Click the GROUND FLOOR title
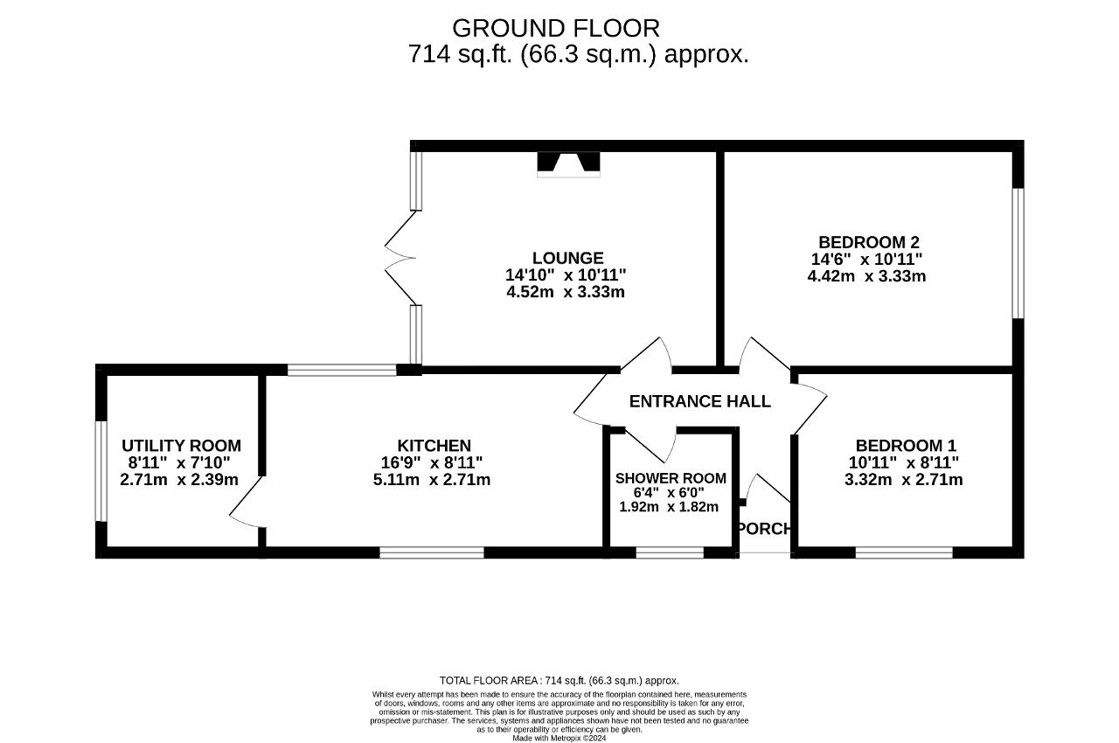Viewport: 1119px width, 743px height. (555, 29)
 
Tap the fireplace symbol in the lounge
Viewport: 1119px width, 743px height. (568, 164)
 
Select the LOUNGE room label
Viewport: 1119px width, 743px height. (568, 258)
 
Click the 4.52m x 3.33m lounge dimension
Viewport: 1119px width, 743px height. (566, 292)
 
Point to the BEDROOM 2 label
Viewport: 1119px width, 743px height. (869, 242)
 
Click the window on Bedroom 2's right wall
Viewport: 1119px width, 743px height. (1018, 253)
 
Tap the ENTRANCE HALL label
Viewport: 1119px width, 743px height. (699, 401)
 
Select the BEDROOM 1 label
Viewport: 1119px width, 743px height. (906, 446)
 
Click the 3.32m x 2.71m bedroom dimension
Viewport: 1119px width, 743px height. (904, 479)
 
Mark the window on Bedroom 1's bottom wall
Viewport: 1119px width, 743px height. (904, 552)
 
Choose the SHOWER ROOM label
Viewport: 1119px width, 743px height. (671, 478)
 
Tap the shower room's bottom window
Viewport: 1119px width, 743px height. (670, 552)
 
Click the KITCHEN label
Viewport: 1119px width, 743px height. (434, 446)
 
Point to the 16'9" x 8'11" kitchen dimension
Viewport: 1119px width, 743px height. (433, 462)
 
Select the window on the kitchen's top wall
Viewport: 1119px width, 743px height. (342, 370)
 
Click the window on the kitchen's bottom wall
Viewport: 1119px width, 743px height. (432, 552)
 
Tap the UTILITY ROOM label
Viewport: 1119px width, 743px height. (181, 446)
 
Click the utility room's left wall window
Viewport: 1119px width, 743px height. (101, 471)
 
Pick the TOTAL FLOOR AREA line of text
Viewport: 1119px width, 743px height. (559, 681)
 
